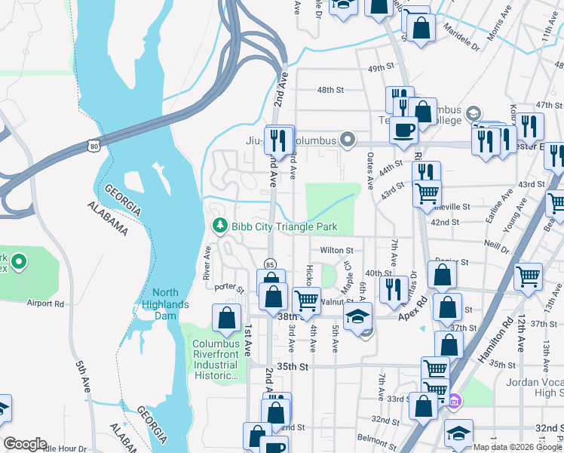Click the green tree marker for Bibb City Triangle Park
(x=220, y=226)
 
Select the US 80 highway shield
(x=93, y=143)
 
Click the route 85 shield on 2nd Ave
(x=269, y=263)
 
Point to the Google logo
(x=25, y=443)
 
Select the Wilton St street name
(x=336, y=250)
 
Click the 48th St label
(x=330, y=90)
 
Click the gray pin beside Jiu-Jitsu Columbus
(x=347, y=139)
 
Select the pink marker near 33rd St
(x=453, y=401)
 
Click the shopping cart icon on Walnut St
(x=306, y=300)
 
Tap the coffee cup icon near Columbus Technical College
(x=404, y=129)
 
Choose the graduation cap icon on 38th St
(x=358, y=316)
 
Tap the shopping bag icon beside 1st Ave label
(x=227, y=319)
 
